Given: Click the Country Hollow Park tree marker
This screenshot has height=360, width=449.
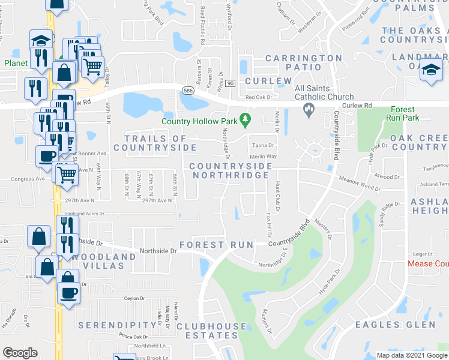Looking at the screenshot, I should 245,120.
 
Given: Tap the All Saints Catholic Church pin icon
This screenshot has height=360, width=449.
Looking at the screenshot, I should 309,108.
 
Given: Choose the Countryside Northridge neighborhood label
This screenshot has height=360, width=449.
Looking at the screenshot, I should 229,170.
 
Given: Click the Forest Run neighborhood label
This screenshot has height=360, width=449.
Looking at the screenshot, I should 211,245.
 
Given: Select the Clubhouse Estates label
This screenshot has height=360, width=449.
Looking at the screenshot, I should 211,331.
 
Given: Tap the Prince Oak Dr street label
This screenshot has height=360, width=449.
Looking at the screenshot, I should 133,337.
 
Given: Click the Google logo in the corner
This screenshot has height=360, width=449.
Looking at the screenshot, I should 20,353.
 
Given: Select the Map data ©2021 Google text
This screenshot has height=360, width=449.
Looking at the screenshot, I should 412,355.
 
